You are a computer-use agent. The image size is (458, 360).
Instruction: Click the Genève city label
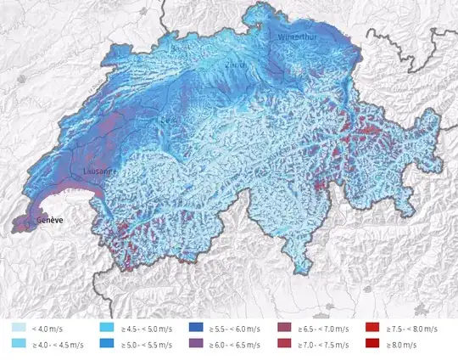coord(51,221)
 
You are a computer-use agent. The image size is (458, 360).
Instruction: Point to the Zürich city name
coord(235,65)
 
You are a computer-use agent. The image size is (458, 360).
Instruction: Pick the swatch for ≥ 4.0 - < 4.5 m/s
coord(17,344)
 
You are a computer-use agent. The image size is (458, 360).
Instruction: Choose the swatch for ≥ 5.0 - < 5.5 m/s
coord(108,344)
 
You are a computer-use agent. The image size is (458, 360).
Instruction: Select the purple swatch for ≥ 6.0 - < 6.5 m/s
coord(197,344)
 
